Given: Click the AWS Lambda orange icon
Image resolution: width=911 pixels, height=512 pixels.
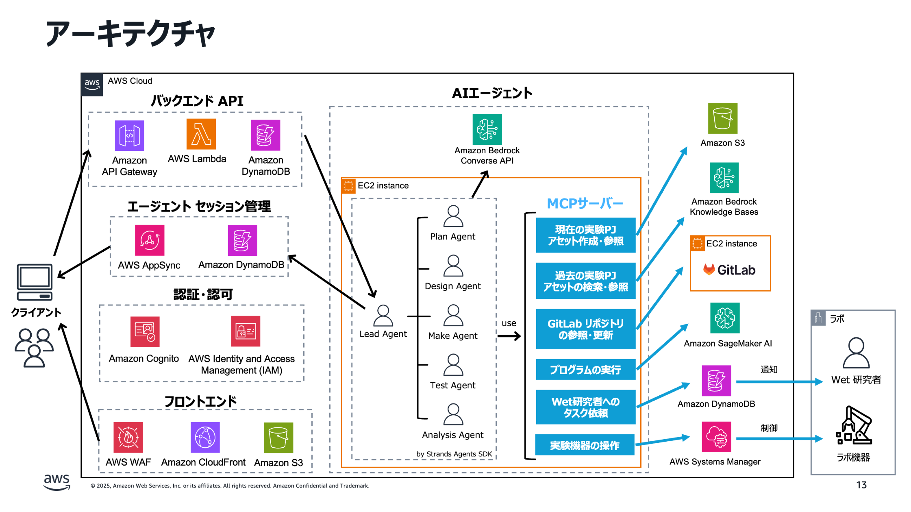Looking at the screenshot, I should click(201, 134).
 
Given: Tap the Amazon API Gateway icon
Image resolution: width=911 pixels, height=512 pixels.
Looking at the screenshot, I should click(129, 135).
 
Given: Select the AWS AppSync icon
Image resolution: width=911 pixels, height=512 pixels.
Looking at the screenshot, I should click(150, 240).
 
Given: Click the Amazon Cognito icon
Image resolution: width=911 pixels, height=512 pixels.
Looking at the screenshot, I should click(145, 331).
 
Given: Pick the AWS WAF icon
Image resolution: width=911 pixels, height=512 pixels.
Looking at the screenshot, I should click(128, 437).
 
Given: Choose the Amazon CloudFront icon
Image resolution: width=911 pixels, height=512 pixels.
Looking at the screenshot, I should click(205, 437).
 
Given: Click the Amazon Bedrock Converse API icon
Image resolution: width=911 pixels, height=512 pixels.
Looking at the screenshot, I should click(487, 129).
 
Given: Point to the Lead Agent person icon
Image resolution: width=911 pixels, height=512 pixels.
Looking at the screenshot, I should click(383, 316).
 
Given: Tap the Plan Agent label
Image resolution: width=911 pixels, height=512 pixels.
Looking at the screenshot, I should click(452, 237).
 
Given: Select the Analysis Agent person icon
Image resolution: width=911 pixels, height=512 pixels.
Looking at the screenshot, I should click(453, 414).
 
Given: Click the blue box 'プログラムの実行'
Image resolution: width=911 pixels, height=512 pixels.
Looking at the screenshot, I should click(585, 370).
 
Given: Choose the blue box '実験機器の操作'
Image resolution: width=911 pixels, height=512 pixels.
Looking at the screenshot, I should click(585, 445).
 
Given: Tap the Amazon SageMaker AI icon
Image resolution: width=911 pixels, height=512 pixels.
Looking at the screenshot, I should click(725, 318).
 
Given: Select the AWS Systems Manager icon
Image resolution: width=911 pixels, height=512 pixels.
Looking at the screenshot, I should click(716, 437).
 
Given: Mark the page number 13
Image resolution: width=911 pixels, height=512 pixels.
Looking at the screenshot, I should click(861, 485).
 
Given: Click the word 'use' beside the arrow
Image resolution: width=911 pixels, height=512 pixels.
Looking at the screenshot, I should click(509, 323).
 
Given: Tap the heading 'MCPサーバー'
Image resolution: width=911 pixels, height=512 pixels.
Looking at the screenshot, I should click(585, 203).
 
